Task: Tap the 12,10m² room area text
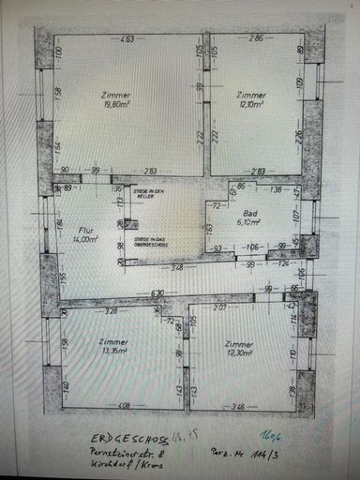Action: click(x=250, y=106)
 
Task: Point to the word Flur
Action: click(x=86, y=229)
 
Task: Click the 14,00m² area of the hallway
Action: click(x=86, y=239)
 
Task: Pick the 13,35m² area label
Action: click(x=113, y=354)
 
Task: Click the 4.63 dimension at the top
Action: click(x=128, y=39)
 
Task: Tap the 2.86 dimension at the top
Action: click(x=255, y=39)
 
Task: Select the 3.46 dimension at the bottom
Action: click(x=239, y=407)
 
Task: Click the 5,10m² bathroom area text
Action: click(x=248, y=223)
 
